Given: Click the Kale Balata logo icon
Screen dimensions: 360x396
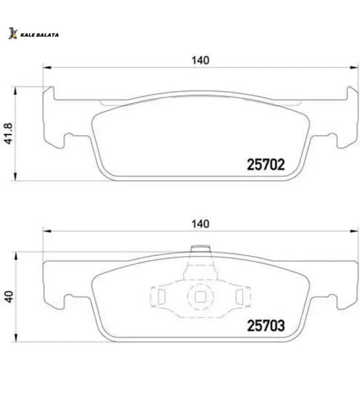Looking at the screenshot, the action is [x=13, y=34].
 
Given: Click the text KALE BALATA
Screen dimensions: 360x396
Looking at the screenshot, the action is [x=40, y=35].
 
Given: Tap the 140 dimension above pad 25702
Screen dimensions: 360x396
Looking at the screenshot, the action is [x=201, y=60].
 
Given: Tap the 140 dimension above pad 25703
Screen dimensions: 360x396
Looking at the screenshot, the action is [x=201, y=224].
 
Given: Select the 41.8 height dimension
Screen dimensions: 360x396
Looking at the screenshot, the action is [x=9, y=133].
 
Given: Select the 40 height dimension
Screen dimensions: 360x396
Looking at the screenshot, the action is [x=9, y=297].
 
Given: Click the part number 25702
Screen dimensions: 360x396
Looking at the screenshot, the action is [x=266, y=164].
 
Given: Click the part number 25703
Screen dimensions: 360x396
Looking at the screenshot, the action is [x=266, y=325].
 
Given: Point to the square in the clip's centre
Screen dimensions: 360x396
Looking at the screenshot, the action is [x=200, y=297].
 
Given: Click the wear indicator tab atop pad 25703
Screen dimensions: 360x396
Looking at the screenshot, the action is [x=201, y=249].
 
